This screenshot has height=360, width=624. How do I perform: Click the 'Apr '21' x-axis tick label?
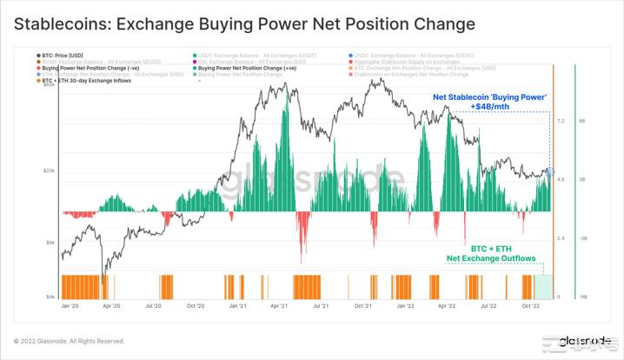pos(279,307)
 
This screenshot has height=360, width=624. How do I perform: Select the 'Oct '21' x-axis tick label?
pos(363,307)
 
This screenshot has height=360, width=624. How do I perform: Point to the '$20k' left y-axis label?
pos(49,171)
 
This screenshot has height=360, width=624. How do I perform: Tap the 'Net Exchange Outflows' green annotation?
pos(490,258)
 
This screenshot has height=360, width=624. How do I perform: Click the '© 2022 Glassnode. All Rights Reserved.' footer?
pos(70,341)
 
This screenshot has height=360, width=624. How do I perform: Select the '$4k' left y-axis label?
pos(50,297)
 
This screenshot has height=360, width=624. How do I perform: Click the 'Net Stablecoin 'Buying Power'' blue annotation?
pos(489,97)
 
